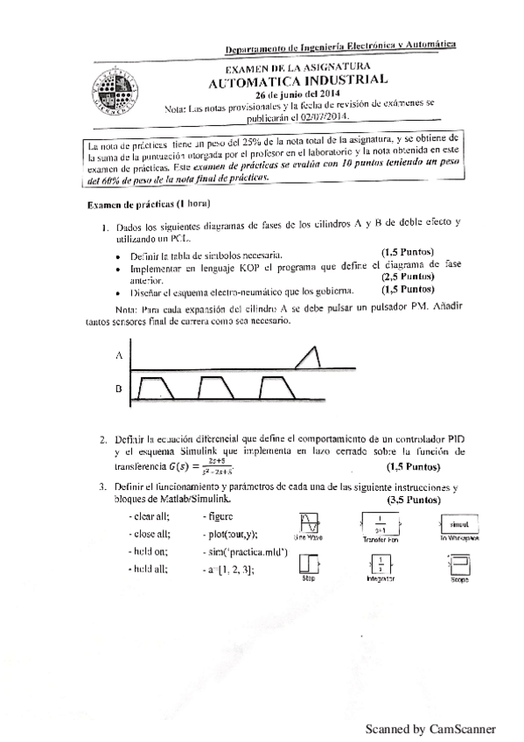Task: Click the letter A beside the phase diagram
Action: click(x=118, y=355)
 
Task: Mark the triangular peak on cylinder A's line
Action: click(x=310, y=353)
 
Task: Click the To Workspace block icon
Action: click(x=453, y=524)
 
